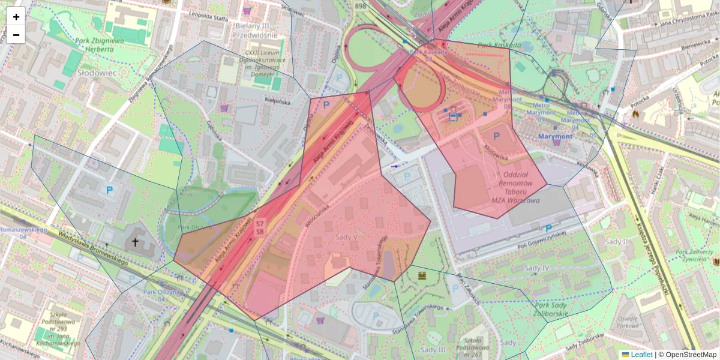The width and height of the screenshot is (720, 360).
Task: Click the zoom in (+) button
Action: [x=16, y=17]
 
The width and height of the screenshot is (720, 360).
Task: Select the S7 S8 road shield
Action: [x=260, y=227]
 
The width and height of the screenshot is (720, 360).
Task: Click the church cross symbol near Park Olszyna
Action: [x=136, y=242]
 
